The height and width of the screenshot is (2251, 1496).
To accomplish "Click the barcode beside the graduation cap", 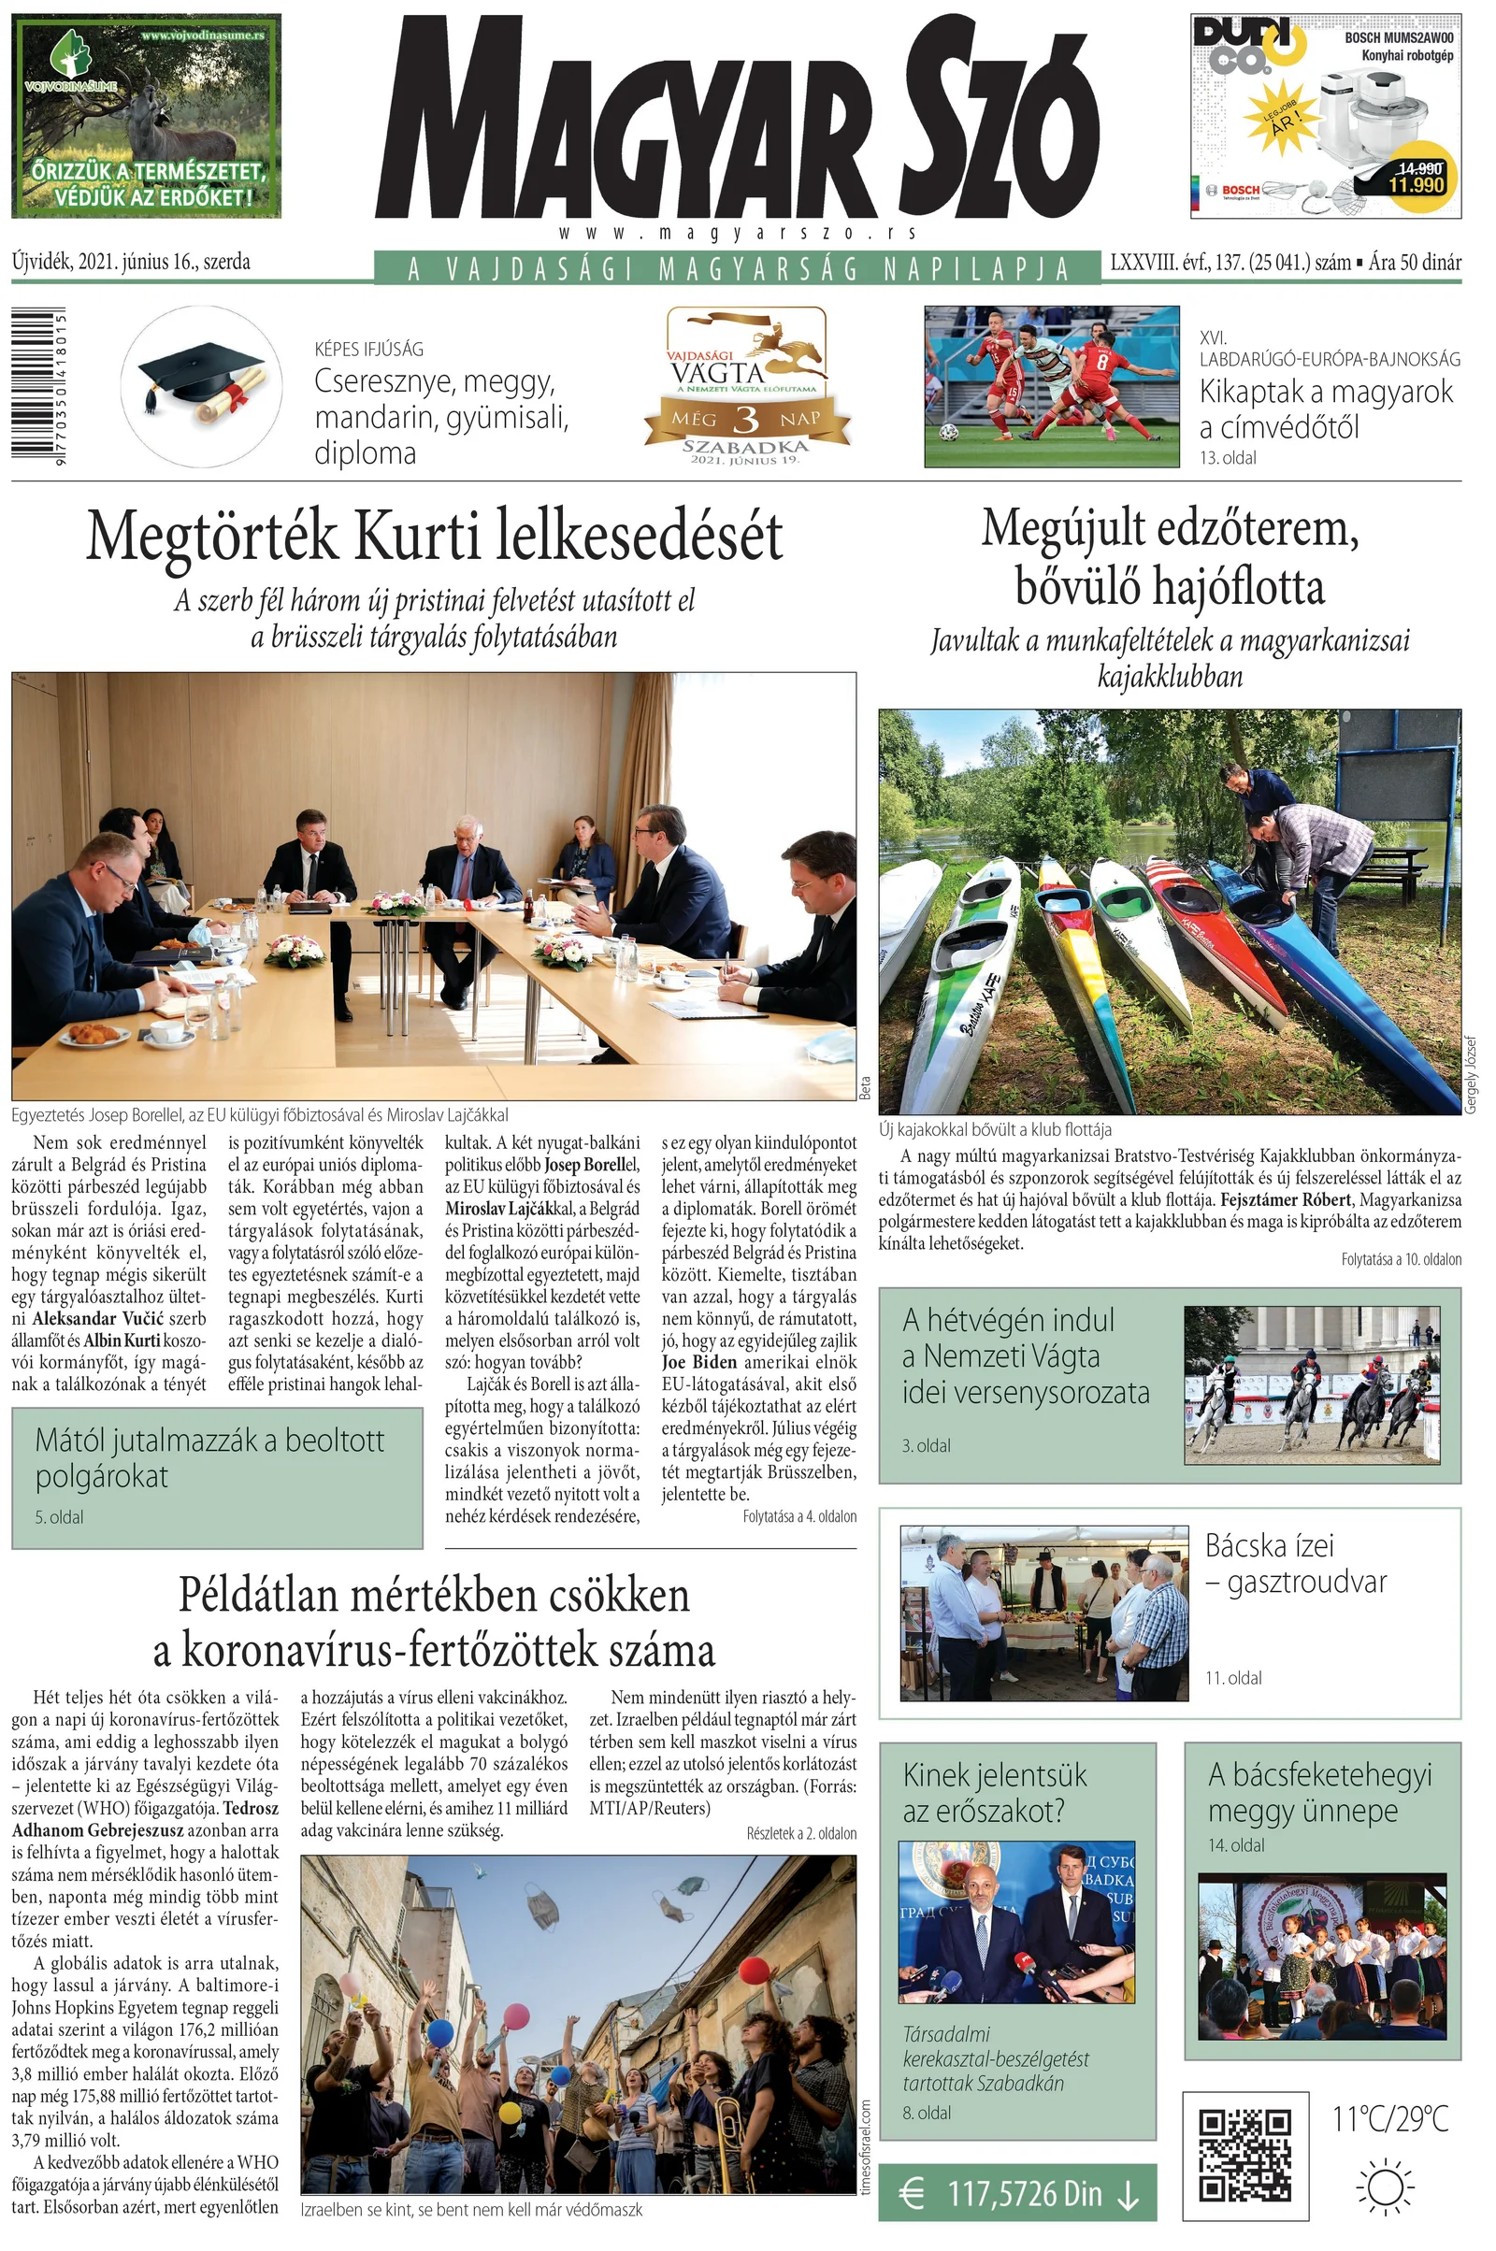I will [38, 385].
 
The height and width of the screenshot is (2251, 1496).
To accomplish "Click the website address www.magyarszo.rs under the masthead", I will [738, 233].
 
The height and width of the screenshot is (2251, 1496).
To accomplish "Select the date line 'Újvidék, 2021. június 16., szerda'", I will [132, 262].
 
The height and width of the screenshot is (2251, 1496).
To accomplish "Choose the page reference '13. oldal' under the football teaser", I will [1228, 458].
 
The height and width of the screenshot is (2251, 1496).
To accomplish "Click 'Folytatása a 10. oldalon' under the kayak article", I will [1401, 1259].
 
